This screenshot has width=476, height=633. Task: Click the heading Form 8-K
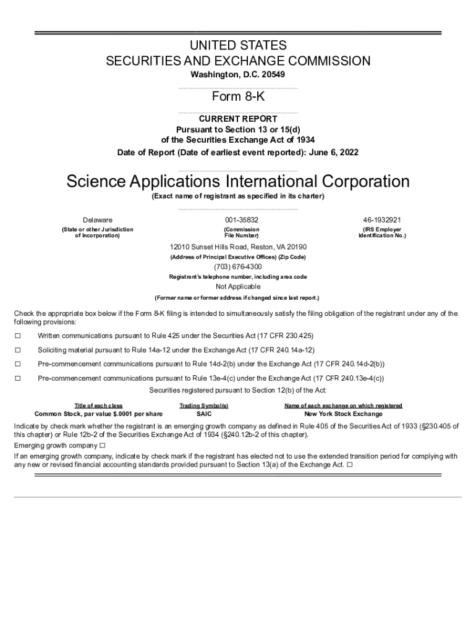(x=238, y=96)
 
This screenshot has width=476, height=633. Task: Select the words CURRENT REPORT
(x=238, y=119)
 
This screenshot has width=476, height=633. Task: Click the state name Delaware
(x=98, y=220)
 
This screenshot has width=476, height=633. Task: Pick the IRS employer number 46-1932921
(x=382, y=220)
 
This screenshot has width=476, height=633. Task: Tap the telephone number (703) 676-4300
(x=238, y=267)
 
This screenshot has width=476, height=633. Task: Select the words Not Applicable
(x=238, y=287)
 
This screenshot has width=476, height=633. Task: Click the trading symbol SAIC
(x=204, y=414)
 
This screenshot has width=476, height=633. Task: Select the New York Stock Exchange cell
(x=343, y=414)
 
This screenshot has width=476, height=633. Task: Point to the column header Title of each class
(x=98, y=406)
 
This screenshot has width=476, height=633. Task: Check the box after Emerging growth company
(x=102, y=445)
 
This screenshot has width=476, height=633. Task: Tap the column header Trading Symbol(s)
(x=204, y=406)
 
